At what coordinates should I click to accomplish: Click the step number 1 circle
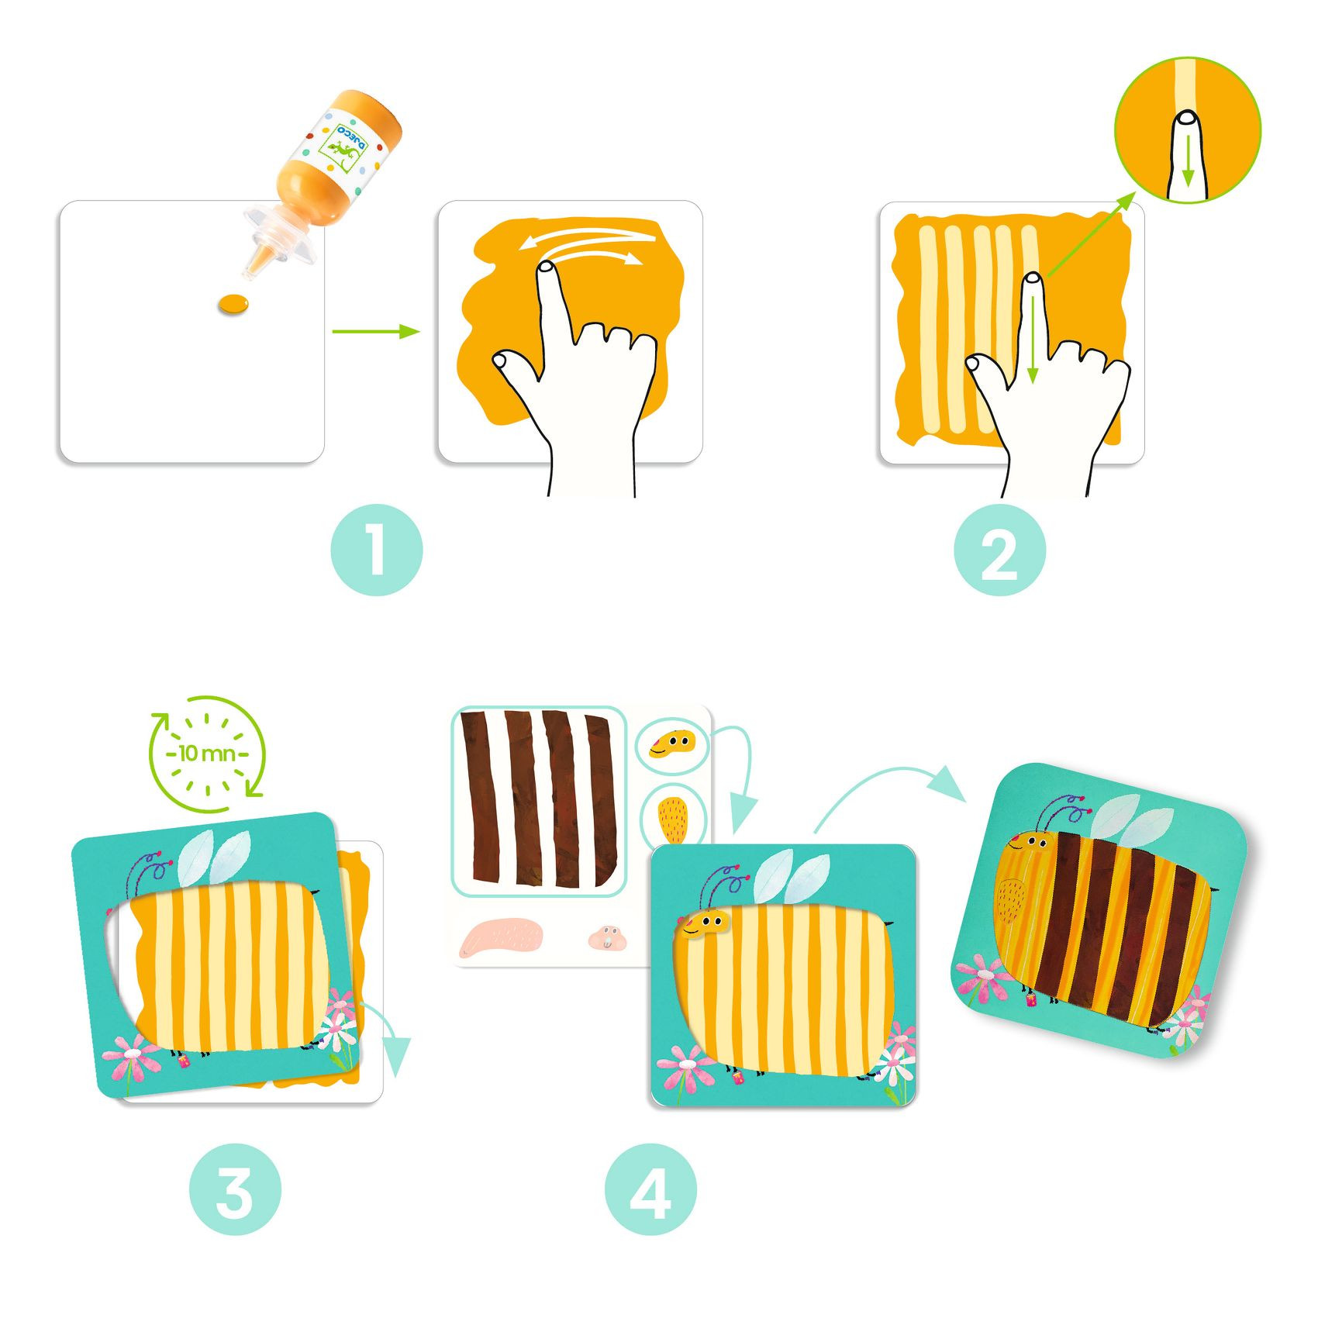click(x=377, y=550)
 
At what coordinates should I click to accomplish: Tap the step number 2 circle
click(x=999, y=550)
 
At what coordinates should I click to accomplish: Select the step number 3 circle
click(x=235, y=1190)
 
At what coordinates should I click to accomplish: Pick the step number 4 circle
click(x=650, y=1190)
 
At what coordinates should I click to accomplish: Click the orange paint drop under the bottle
click(x=233, y=304)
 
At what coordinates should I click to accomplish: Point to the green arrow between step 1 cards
click(x=376, y=332)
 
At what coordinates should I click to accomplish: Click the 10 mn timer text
click(x=207, y=753)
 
